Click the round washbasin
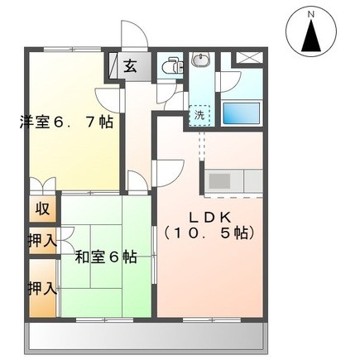click(201, 60)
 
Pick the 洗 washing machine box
click(200, 116)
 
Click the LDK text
click(208, 217)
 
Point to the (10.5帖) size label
click(208, 233)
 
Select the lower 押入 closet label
click(42, 289)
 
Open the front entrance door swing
click(133, 37)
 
